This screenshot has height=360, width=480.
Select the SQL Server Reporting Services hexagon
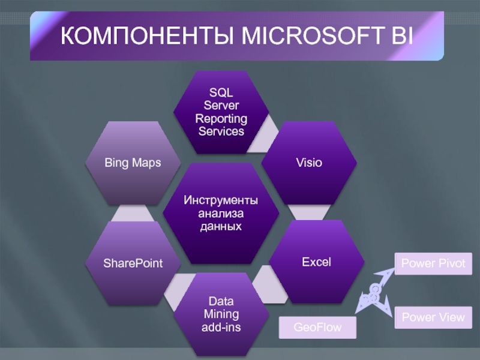(x=220, y=112)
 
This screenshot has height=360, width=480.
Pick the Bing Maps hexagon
(x=133, y=163)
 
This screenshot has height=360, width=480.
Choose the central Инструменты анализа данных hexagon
(x=221, y=212)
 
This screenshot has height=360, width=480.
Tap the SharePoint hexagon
(x=133, y=263)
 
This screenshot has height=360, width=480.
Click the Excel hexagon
(x=316, y=262)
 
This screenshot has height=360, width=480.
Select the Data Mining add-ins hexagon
(x=221, y=314)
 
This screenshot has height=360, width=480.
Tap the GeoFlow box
(x=317, y=328)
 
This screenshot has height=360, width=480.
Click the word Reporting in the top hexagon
(x=221, y=118)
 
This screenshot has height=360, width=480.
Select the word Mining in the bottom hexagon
(x=221, y=314)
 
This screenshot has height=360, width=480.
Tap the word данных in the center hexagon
(x=221, y=226)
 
